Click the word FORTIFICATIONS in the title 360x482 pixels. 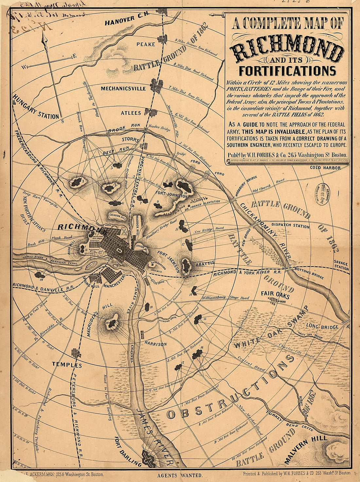[x=287, y=71]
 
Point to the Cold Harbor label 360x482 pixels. [x=326, y=168]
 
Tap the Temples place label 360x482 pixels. [x=66, y=365]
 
